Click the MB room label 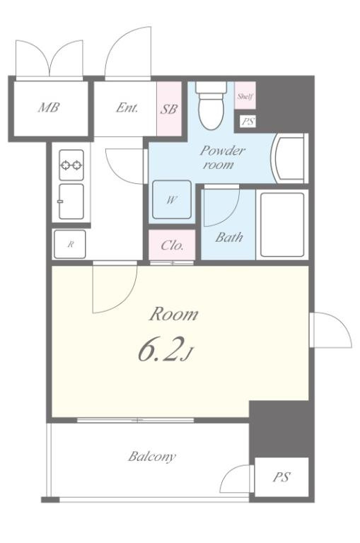(49, 107)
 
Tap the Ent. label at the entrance (127, 107)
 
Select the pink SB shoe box (169, 109)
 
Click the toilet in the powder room (211, 105)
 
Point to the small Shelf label (245, 96)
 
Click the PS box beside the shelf (248, 122)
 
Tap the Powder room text (222, 158)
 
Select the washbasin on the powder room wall (291, 158)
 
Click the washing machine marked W (172, 199)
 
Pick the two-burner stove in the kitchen (71, 165)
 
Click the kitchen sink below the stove (71, 202)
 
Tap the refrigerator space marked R (70, 244)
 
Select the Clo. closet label (172, 245)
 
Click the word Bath (228, 238)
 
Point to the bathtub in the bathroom (282, 224)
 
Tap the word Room (174, 314)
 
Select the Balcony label (152, 457)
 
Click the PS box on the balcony (281, 477)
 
